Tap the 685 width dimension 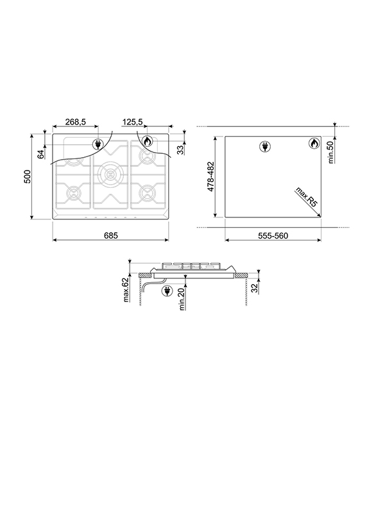coord(110,235)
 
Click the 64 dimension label coord(41,153)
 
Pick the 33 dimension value coord(180,149)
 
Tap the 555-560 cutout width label coord(273,235)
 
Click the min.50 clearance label coord(332,152)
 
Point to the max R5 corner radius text coord(307,197)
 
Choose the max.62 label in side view coord(127,289)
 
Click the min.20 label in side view coord(182,298)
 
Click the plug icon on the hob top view coord(98,145)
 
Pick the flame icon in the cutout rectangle coord(314,144)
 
